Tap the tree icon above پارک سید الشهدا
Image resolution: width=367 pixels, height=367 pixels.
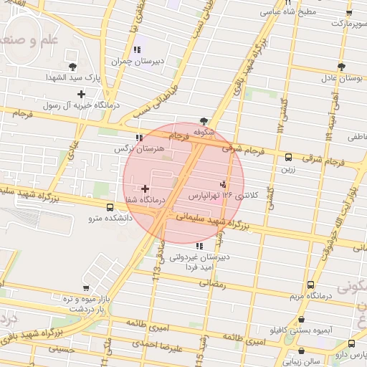[x=72, y=66]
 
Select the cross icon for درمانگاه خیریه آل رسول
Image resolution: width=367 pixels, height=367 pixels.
[x=81, y=94]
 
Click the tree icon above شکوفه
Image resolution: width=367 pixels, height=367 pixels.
[x=204, y=121]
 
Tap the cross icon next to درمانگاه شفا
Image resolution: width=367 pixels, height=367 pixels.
[x=146, y=189]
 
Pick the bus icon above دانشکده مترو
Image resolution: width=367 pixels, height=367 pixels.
[x=110, y=207]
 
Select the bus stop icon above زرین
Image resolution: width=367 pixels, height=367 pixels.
[x=288, y=158]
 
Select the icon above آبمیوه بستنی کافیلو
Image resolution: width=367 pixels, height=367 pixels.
[x=301, y=320]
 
